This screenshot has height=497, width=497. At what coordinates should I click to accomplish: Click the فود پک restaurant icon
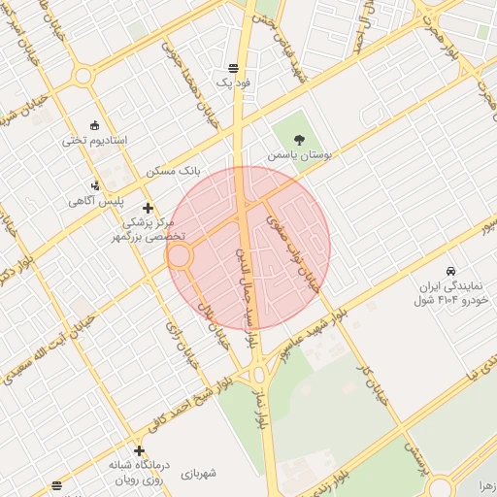[233, 68]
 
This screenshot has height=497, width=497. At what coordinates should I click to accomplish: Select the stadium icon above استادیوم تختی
[94, 125]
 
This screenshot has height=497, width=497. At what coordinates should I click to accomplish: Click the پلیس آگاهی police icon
[94, 184]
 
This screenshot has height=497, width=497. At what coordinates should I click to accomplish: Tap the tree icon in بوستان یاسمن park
[300, 140]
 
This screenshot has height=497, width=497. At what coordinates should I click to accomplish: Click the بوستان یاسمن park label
[299, 155]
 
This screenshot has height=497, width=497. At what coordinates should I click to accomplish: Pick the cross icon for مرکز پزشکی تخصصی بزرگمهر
[148, 207]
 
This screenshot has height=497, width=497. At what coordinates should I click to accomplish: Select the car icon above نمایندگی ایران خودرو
[450, 271]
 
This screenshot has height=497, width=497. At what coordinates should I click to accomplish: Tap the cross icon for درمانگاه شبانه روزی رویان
[141, 450]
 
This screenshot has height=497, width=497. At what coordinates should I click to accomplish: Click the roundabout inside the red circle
[180, 257]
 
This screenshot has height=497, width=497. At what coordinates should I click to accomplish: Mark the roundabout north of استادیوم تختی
[83, 76]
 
